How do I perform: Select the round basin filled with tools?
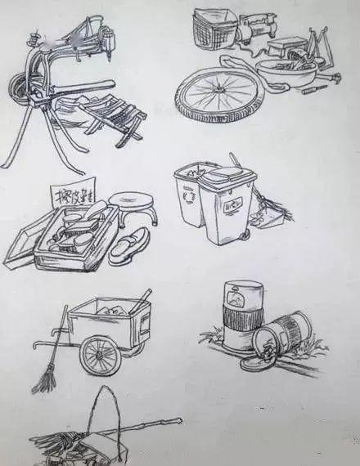tap(286, 76)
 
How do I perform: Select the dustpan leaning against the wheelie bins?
tap(269, 215)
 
